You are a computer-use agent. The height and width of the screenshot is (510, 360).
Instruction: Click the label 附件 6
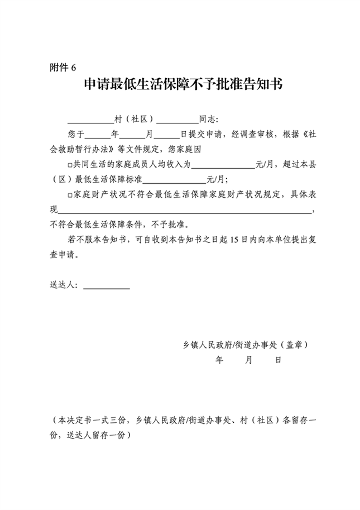(x=62, y=68)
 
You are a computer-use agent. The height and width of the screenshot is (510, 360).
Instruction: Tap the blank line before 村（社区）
(x=90, y=121)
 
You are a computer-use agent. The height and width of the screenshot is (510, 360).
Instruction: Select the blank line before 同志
(x=177, y=121)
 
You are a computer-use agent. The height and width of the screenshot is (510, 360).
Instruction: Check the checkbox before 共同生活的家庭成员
(x=69, y=165)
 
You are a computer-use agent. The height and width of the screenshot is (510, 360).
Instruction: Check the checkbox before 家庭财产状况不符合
(x=69, y=195)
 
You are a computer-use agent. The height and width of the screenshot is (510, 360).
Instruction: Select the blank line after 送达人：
(x=106, y=287)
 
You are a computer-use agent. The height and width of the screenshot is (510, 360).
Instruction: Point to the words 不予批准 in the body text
(x=171, y=225)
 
